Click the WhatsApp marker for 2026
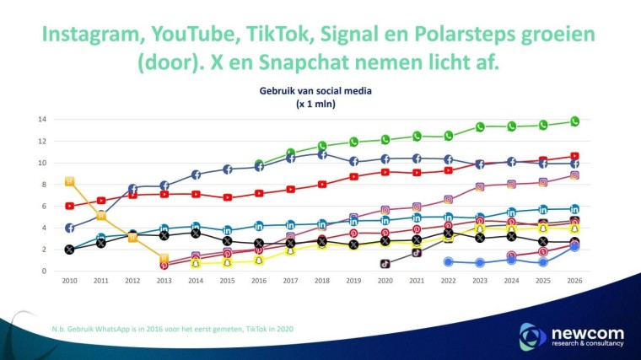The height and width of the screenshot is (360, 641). tap(574, 121)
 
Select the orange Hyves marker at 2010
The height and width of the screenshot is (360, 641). tap(70, 181)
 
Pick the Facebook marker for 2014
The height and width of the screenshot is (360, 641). tap(196, 175)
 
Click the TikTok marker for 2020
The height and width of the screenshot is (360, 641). tap(385, 263)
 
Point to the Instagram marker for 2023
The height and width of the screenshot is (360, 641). tap(480, 187)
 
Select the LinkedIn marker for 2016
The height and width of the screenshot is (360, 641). tap(259, 225)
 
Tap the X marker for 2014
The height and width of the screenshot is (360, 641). tap(196, 233)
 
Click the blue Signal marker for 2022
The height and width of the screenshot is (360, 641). tap(449, 261)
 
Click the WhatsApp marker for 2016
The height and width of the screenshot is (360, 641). tap(259, 164)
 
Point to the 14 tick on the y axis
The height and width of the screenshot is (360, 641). tap(40, 120)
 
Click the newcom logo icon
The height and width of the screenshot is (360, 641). tap(533, 335)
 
